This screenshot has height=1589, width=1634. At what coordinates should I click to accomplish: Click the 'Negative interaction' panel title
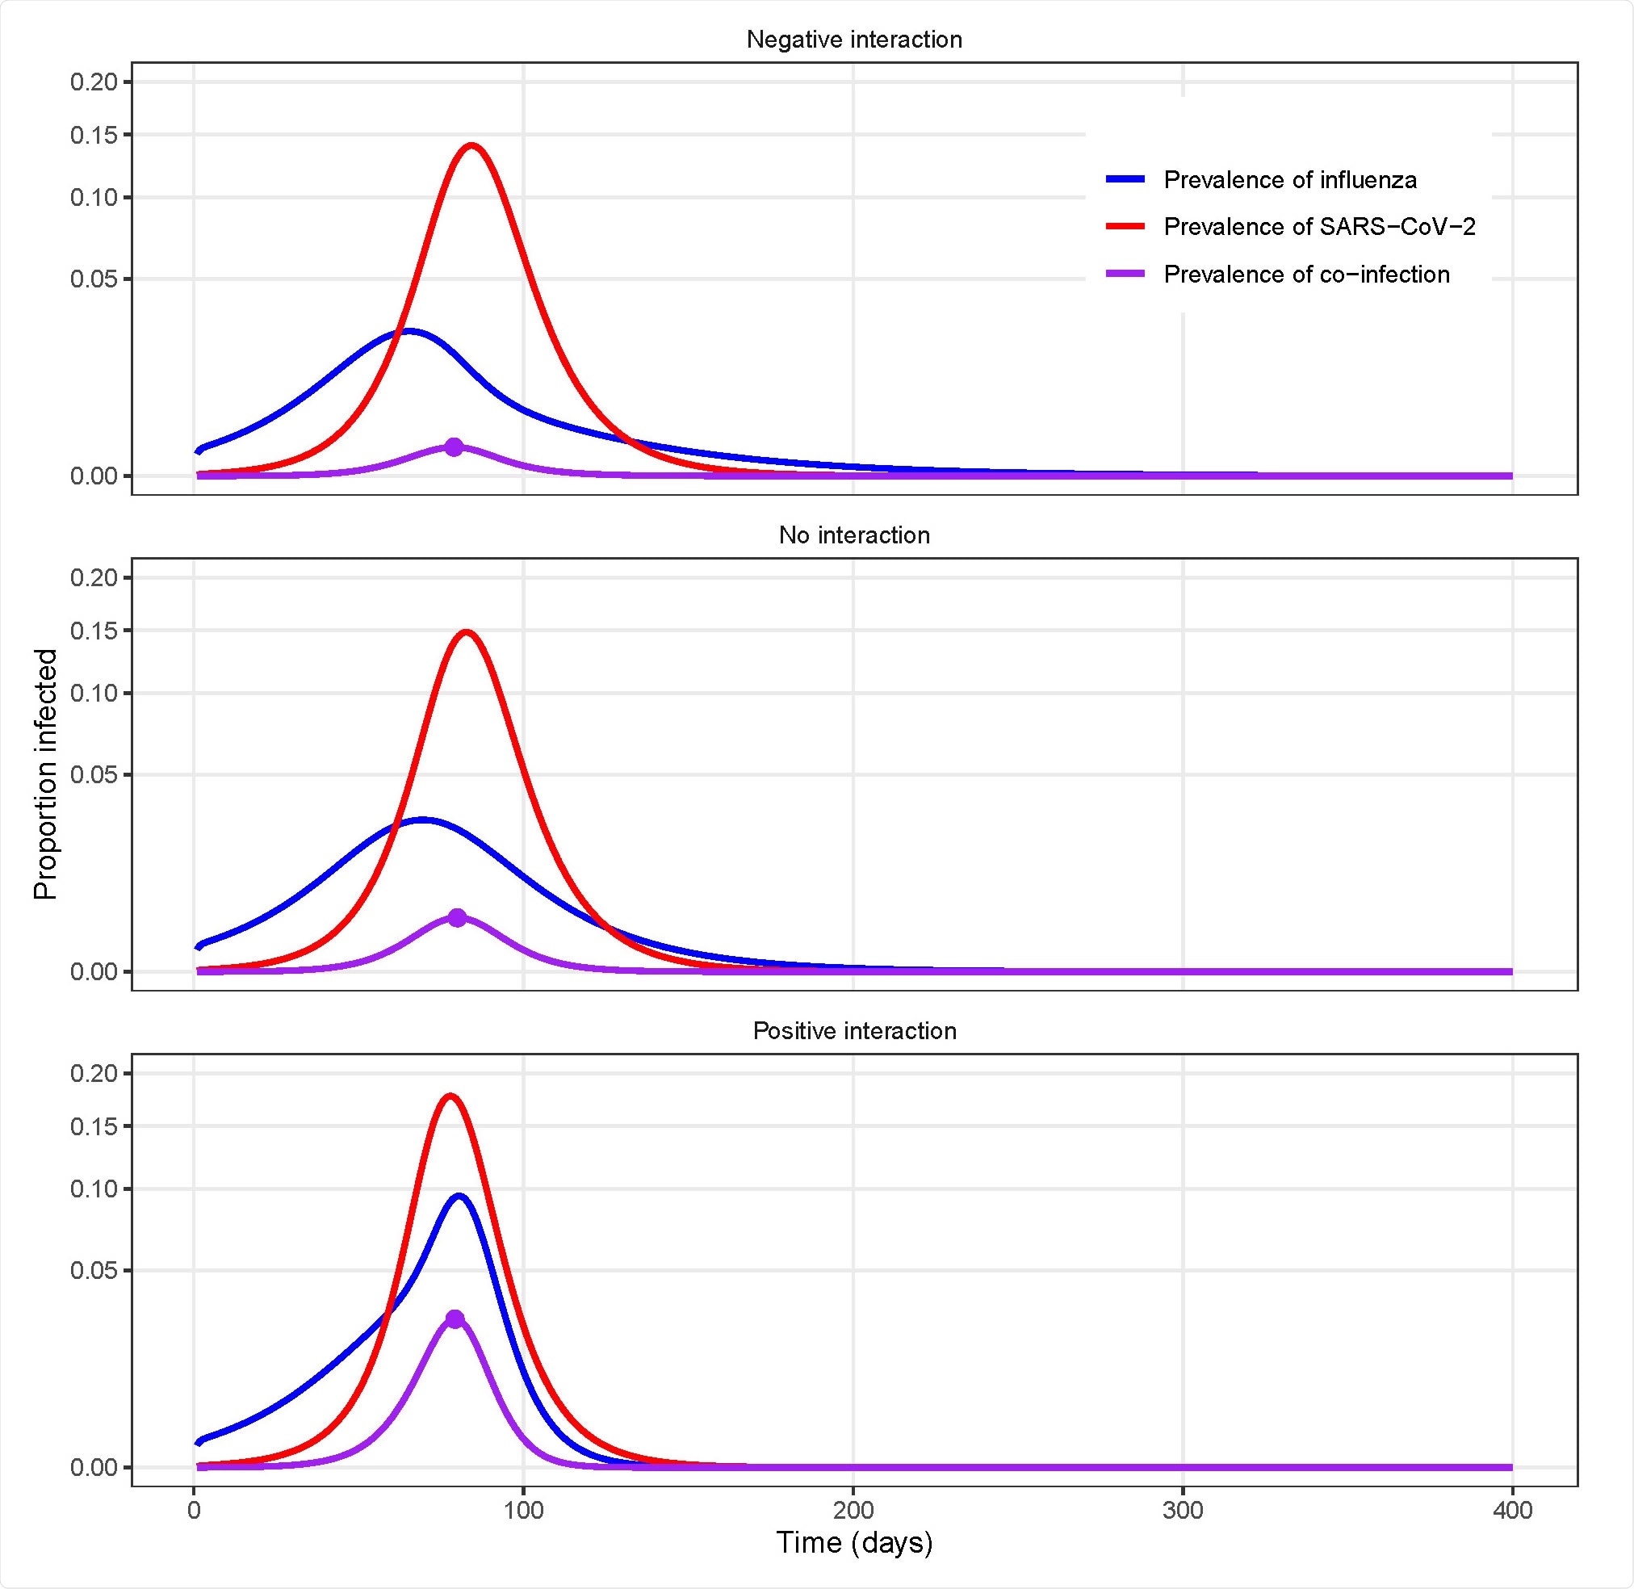click(853, 40)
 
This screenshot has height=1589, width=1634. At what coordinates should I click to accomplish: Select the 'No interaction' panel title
click(853, 535)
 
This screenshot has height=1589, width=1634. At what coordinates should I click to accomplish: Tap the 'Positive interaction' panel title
click(853, 1031)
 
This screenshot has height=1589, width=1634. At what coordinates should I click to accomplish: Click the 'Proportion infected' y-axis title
click(46, 774)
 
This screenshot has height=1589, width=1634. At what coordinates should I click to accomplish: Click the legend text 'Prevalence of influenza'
click(1289, 179)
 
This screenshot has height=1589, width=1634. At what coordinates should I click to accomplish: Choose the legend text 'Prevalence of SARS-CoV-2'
click(1318, 226)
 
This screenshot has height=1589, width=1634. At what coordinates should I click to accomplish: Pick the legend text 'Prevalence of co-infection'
click(1306, 274)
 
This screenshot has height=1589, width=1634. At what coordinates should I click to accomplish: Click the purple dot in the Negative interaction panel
click(453, 447)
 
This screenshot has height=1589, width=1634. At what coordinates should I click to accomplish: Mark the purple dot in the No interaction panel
click(456, 917)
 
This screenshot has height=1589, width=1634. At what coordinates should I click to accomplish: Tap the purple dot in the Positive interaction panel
click(455, 1319)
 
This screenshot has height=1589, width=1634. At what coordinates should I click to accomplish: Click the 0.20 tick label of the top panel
click(94, 82)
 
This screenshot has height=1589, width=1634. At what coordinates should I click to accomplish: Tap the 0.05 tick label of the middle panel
click(94, 774)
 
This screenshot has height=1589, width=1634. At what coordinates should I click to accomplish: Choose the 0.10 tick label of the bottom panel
click(94, 1188)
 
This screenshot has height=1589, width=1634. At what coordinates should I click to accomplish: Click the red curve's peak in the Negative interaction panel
click(472, 145)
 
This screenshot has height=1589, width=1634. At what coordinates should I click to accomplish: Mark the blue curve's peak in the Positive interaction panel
click(459, 1196)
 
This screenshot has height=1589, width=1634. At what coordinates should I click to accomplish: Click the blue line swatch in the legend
click(1125, 179)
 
